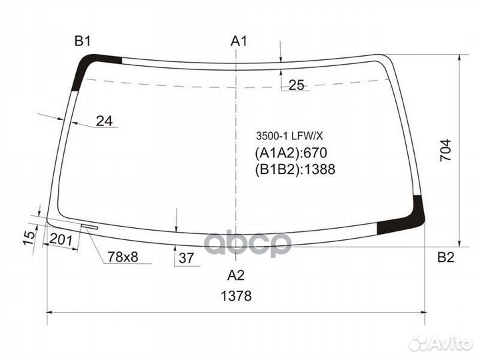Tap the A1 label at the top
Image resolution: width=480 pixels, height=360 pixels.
(239, 41)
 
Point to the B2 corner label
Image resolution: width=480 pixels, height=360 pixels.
(445, 258)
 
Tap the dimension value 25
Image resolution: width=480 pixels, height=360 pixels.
(297, 85)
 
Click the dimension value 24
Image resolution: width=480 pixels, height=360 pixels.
(104, 121)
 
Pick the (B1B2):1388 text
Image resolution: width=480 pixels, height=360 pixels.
(295, 169)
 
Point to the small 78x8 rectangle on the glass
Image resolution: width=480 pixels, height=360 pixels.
(89, 226)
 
